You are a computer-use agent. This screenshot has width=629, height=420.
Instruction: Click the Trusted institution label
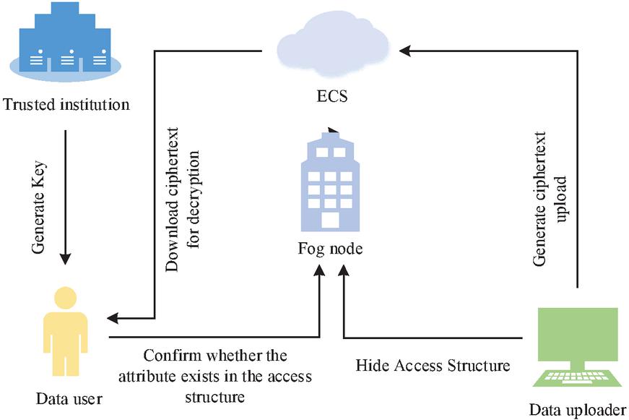[66, 105]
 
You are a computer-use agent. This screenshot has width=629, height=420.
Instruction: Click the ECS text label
[332, 95]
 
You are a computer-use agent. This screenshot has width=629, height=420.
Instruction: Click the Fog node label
[330, 249]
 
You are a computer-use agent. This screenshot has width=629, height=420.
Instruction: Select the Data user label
[69, 398]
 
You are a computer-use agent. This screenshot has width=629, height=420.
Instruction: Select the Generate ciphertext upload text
[550, 209]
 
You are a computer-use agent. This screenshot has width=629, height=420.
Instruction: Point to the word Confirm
[168, 356]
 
